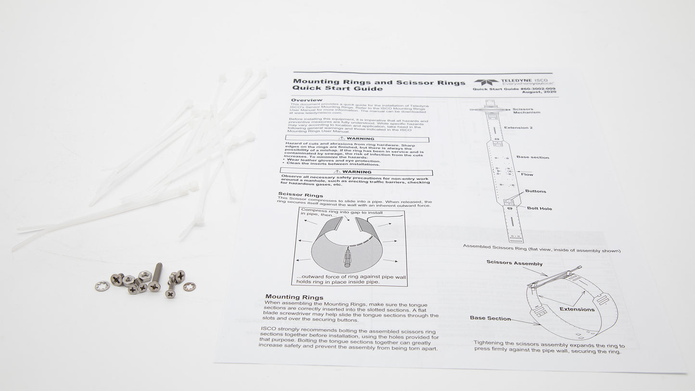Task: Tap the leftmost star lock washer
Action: (x=102, y=286)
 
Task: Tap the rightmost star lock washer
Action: (x=190, y=287)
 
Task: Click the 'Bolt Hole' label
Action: (x=539, y=209)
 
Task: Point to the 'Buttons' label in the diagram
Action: (x=535, y=191)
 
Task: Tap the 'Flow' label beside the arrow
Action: (x=527, y=174)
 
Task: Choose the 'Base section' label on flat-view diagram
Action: (x=532, y=157)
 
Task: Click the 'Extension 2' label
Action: (x=518, y=128)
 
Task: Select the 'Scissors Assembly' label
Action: (x=514, y=264)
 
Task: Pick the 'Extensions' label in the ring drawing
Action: (x=577, y=309)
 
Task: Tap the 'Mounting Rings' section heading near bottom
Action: (x=294, y=297)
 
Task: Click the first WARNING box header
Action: (x=356, y=139)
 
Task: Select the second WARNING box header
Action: (x=356, y=172)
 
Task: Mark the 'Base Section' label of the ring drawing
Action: (x=490, y=318)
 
